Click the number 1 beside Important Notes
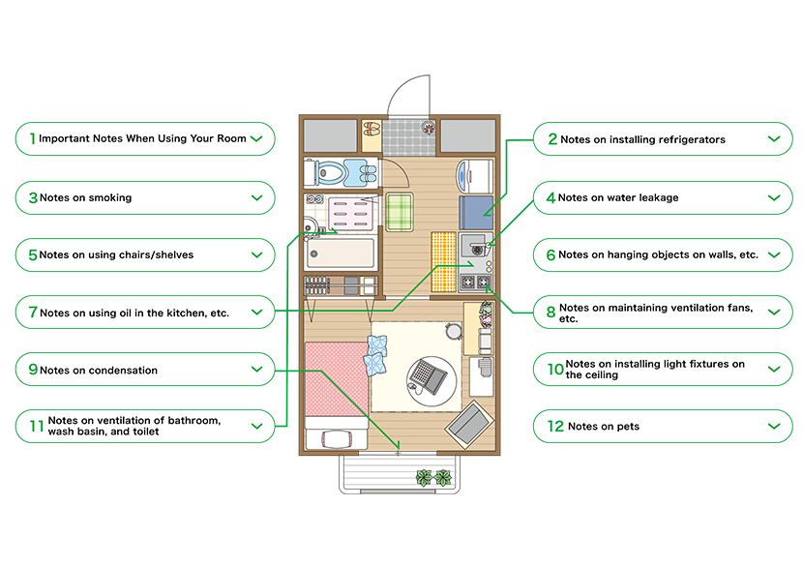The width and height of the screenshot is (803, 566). tap(32, 138)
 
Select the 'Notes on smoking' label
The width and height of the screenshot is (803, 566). tap(85, 197)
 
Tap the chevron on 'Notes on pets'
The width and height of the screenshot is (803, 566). tap(773, 426)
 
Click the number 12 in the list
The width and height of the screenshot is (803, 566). tap(554, 426)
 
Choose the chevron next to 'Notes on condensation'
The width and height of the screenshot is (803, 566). tap(256, 369)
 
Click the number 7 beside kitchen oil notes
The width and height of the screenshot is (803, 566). tap(32, 313)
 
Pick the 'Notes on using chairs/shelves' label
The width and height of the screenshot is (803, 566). tap(116, 255)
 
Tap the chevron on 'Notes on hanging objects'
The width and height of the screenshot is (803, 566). tap(773, 254)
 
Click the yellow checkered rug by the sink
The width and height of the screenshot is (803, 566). tap(442, 259)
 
